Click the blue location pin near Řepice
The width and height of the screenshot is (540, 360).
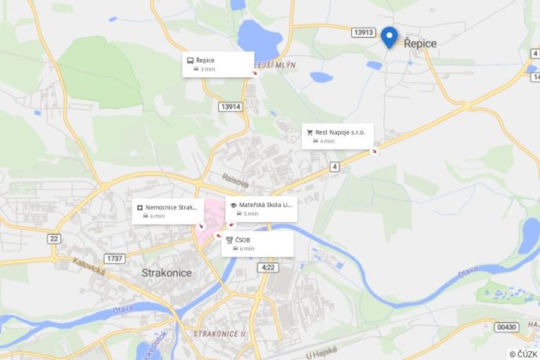point(389,36)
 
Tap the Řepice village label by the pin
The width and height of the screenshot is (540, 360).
point(420,44)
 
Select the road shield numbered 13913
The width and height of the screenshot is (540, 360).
point(363,32)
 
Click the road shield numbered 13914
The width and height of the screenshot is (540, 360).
point(231,106)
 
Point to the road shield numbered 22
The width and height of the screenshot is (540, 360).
point(54,238)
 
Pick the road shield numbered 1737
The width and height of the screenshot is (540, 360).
point(114,258)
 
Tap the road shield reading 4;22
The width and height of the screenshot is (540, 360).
point(268,268)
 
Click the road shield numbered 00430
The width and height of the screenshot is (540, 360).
point(507,326)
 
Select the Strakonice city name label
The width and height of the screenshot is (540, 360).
point(167,273)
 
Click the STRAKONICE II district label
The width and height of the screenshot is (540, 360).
point(220,334)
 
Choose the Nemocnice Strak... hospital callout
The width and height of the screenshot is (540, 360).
point(168,211)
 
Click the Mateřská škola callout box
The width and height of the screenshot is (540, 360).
point(261,209)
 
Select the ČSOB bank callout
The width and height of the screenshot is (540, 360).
point(257,243)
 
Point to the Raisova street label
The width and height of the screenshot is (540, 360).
point(235,180)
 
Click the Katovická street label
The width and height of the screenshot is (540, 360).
point(89,267)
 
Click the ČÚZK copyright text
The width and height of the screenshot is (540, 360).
point(523,354)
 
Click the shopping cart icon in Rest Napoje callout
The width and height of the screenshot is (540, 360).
point(310,132)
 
